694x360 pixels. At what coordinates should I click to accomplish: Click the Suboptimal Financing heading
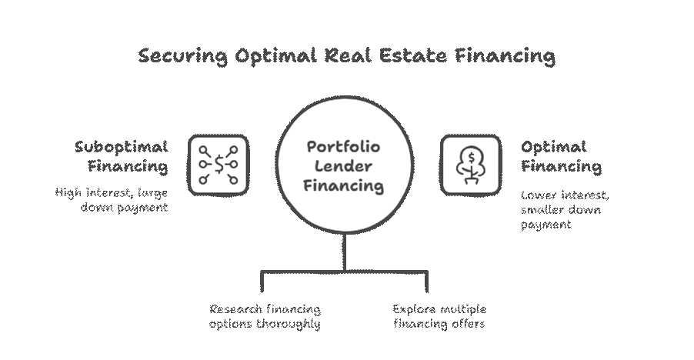click(x=121, y=156)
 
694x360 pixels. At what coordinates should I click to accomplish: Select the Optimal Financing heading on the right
click(x=562, y=156)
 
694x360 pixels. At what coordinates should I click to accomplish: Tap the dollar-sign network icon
click(x=219, y=163)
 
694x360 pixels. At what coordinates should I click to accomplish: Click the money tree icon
click(x=469, y=163)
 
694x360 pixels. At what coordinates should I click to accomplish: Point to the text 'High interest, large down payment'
click(x=112, y=200)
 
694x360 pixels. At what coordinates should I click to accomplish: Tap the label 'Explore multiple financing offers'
click(x=439, y=316)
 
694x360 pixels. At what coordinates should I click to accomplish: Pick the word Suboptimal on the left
click(x=121, y=146)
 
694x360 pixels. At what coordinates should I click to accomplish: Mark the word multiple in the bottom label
click(x=464, y=309)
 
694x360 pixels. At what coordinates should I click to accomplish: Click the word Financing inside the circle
click(x=344, y=185)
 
